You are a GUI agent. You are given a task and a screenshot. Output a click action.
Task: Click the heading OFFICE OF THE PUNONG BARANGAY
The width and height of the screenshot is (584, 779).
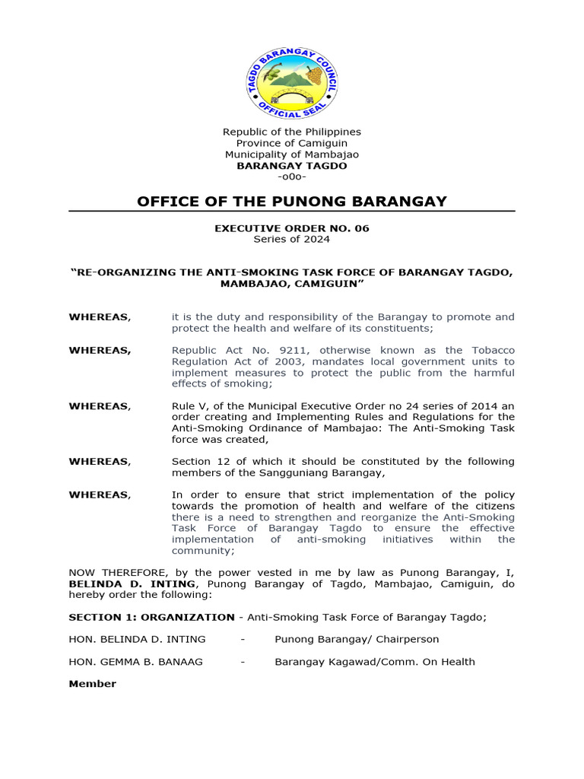coord(292,201)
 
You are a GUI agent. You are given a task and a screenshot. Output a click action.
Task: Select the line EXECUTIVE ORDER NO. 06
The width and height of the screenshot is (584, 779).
coord(292,228)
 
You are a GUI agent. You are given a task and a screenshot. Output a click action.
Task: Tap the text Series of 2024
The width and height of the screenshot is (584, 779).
coord(292,239)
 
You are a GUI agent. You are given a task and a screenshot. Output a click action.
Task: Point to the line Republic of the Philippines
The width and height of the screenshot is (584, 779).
coord(292,132)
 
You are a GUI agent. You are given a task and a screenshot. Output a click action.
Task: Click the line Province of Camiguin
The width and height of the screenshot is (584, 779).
coord(292,143)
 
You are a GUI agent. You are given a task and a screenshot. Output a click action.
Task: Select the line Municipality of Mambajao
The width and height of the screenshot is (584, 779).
coord(292,154)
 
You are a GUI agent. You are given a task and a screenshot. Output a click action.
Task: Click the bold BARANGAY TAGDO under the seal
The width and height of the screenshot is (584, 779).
coord(292,166)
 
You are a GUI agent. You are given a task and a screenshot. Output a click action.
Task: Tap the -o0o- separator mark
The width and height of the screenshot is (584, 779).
coord(292,176)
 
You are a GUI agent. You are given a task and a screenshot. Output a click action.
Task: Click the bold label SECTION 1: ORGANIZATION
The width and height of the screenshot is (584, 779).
coord(151,617)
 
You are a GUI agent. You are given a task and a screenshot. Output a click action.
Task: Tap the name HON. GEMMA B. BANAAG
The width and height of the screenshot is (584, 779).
coord(136,662)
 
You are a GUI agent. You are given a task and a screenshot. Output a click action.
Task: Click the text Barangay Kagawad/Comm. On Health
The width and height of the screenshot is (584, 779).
coord(375,662)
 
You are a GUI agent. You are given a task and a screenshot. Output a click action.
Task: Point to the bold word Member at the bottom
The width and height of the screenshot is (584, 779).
coord(93,684)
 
